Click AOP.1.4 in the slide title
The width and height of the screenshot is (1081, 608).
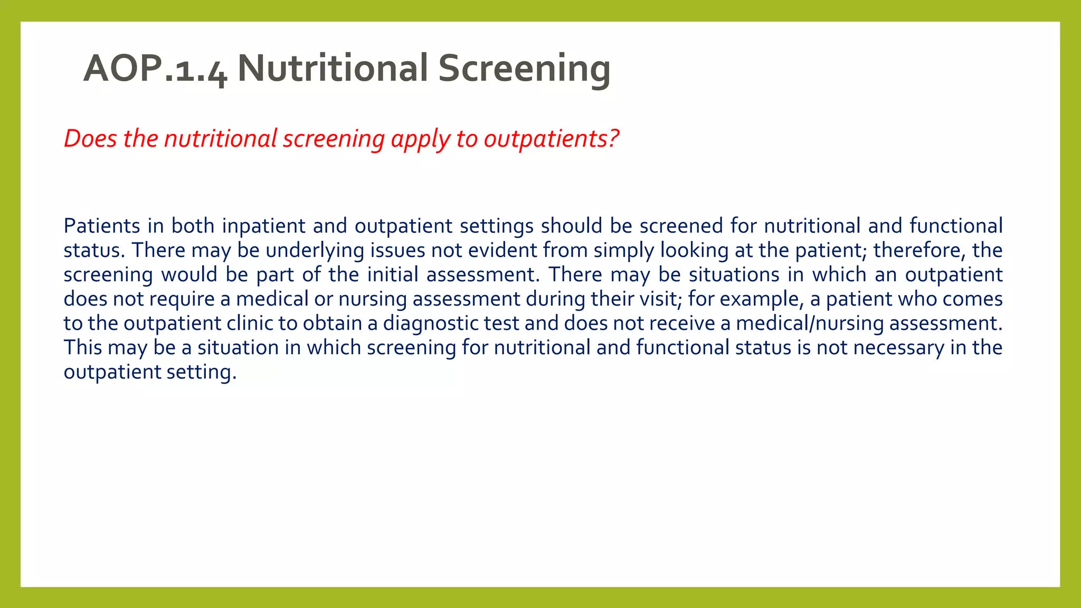point(155,69)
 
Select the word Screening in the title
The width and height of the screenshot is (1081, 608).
point(524,69)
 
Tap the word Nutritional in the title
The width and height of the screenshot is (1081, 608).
point(333,69)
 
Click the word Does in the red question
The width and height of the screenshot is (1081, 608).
point(90,139)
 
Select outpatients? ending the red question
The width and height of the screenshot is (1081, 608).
point(551,139)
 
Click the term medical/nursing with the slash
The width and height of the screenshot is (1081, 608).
point(810,324)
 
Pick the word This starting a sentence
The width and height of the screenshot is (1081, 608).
point(82,348)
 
